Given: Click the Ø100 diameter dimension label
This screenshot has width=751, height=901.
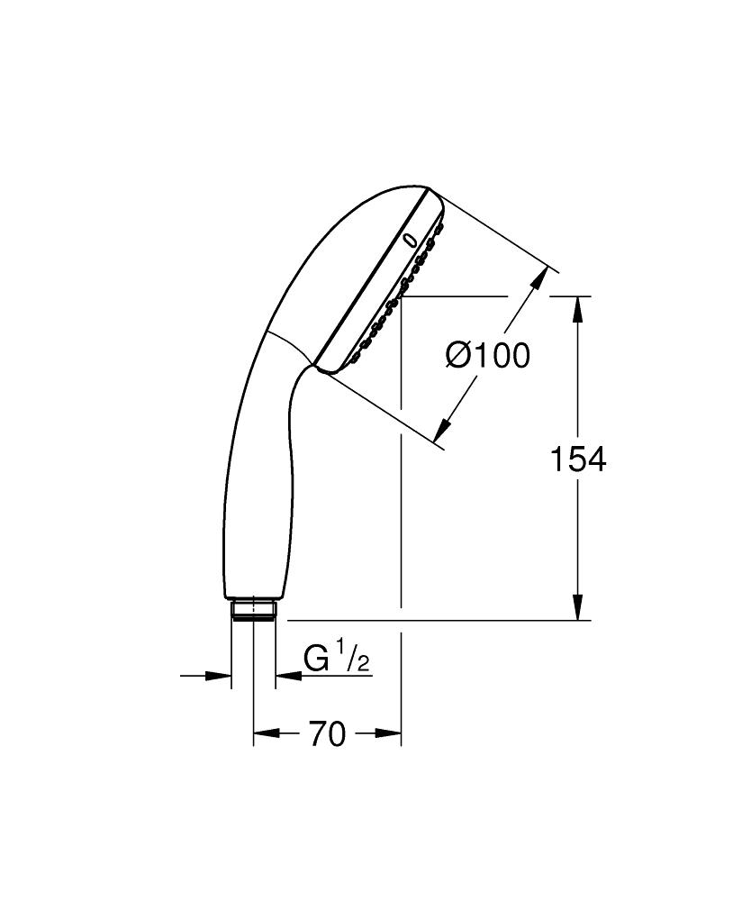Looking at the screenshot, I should coord(487,356).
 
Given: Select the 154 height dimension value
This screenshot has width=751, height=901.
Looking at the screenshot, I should coord(578,460).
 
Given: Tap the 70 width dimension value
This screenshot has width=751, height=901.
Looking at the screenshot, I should coord(327,735).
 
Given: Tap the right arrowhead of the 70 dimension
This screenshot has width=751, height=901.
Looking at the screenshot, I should coord(390,734).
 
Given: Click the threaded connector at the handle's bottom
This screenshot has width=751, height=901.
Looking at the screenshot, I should coord(253,610).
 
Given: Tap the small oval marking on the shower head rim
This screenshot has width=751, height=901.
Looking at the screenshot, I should coord(410,241).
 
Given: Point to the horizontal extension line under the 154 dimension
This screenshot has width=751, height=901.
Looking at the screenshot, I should coord(432,620).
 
